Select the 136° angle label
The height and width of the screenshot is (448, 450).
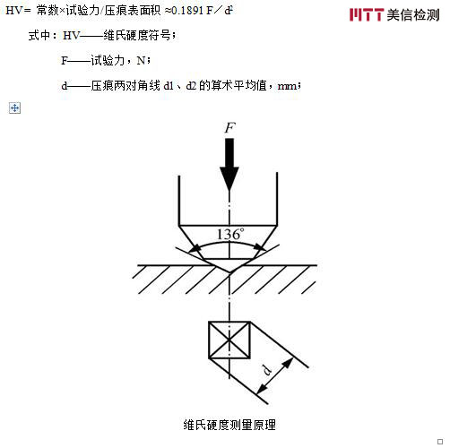point(230,232)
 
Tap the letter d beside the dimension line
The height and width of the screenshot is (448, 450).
point(267,370)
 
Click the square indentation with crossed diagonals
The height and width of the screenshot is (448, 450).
point(229,341)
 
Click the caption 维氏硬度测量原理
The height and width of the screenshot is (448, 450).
point(229,424)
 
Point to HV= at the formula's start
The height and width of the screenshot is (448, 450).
point(18,12)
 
